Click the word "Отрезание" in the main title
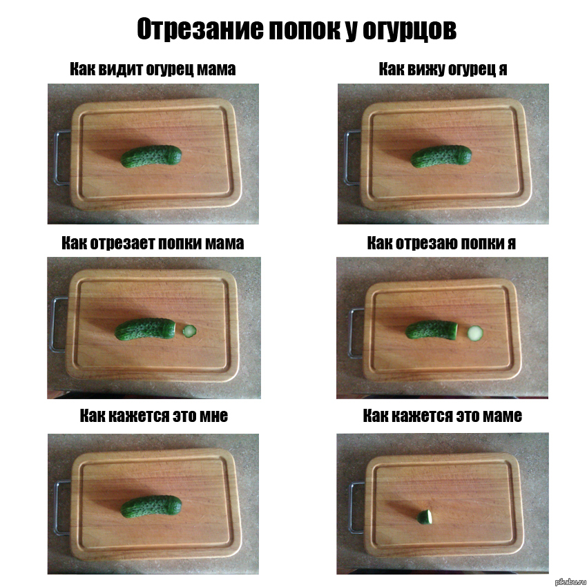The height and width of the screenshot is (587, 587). point(200,29)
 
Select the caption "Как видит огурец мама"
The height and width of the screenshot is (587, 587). point(153,69)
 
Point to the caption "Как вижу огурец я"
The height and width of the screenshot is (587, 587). point(443,69)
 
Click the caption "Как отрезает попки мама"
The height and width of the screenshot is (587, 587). point(153,243)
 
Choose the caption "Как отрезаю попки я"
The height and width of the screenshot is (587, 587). point(441,243)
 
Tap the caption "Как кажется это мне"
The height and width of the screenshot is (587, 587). point(154,416)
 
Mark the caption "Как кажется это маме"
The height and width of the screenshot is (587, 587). point(443,416)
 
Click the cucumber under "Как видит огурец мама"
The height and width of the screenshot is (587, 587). point(151,156)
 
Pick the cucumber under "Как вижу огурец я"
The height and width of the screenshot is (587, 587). point(441,156)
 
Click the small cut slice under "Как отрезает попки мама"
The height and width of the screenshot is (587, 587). point(189,331)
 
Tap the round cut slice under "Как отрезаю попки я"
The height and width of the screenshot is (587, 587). point(475,333)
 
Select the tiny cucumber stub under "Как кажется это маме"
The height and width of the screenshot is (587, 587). point(425,517)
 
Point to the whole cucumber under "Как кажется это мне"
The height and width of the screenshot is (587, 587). point(151,506)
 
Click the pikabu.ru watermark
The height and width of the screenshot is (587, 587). point(570,581)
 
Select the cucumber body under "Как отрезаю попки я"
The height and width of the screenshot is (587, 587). point(432,330)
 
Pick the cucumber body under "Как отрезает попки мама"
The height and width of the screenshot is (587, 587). point(145,329)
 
